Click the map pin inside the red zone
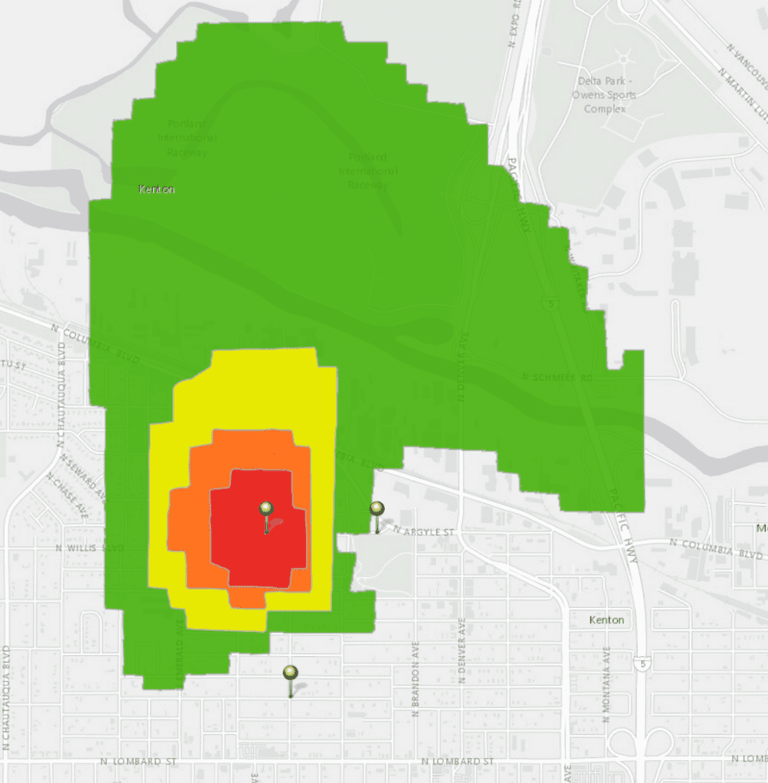click(266, 509)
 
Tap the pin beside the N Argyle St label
click(376, 509)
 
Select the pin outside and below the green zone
click(290, 674)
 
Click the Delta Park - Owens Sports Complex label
click(604, 95)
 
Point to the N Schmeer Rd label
click(557, 377)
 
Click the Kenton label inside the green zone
click(157, 189)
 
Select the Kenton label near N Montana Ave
click(607, 620)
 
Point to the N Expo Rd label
click(514, 23)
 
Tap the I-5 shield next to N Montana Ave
click(639, 662)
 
